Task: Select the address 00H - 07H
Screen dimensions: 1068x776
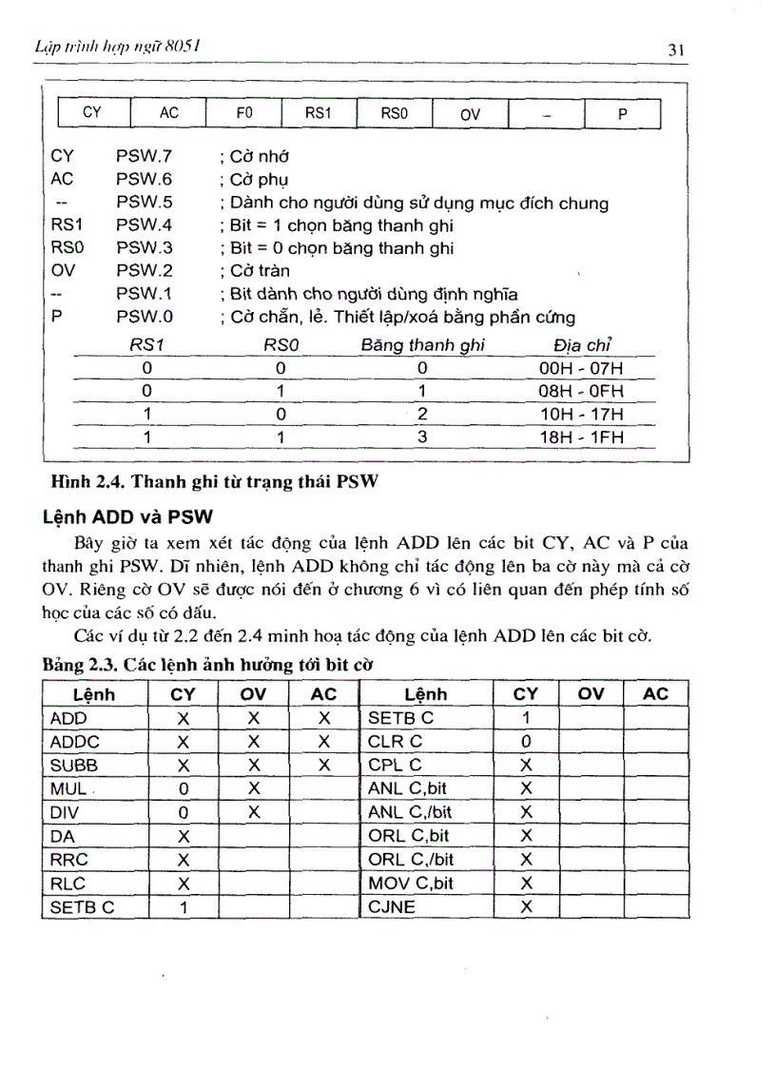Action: click(x=580, y=369)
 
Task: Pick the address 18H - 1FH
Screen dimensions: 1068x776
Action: click(x=580, y=437)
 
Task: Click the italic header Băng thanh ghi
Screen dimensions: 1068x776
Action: click(x=422, y=347)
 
